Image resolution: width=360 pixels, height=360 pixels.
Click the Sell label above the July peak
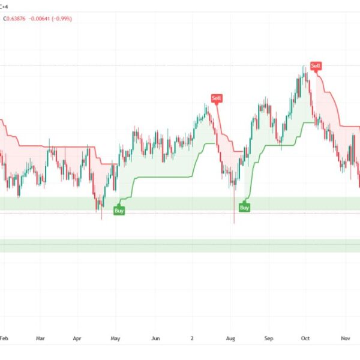(x=216, y=98)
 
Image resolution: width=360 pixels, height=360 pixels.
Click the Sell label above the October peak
(x=316, y=65)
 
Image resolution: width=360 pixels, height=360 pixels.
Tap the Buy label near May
(x=119, y=211)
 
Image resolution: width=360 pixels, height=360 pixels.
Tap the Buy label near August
(x=244, y=208)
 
